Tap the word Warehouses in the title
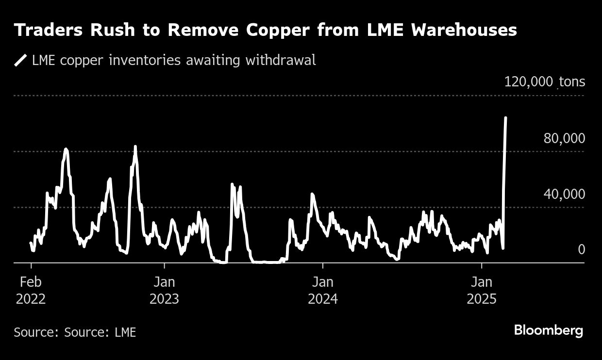point(464,30)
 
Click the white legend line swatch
point(21,60)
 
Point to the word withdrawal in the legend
point(281,60)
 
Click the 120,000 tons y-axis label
point(544,82)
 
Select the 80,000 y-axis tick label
point(564,138)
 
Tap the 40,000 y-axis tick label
point(564,194)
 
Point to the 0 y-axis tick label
point(581,249)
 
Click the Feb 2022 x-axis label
point(31,290)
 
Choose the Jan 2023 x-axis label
point(164,290)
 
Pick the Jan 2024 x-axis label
point(322,290)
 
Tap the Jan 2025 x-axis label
point(482,290)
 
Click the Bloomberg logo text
point(548,331)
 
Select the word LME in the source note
point(125,332)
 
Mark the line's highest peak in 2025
point(506,117)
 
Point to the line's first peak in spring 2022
point(66,149)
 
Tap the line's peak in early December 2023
point(312,194)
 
